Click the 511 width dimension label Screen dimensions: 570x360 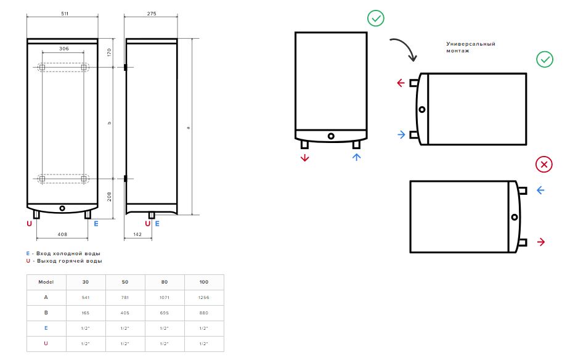click(x=65, y=14)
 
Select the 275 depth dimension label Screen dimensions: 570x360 click(x=152, y=14)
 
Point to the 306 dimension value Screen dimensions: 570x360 click(x=64, y=48)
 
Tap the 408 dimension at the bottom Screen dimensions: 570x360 click(x=62, y=234)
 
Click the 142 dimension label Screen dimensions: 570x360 click(x=137, y=234)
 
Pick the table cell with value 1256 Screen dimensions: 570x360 click(x=204, y=298)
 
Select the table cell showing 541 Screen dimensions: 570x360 click(x=86, y=298)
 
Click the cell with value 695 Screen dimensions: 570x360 click(x=165, y=313)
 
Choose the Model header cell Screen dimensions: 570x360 click(x=46, y=282)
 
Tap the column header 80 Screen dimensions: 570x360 click(x=165, y=282)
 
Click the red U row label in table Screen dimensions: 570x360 click(x=46, y=343)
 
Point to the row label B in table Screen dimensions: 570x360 click(x=46, y=313)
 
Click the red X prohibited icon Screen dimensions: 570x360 click(x=544, y=165)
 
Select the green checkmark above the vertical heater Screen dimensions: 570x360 click(x=375, y=18)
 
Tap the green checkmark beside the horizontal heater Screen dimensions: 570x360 click(x=545, y=59)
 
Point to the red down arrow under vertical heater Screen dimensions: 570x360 click(x=304, y=157)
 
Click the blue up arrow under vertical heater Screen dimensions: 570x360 click(x=357, y=157)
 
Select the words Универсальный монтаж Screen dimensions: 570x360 click(x=471, y=47)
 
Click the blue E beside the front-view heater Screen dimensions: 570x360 click(x=96, y=224)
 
